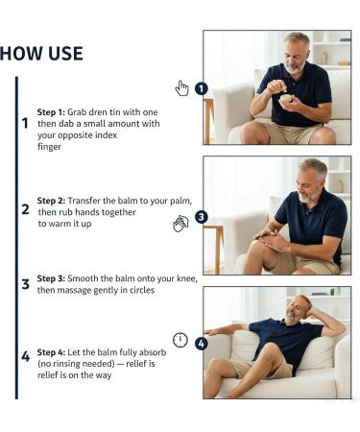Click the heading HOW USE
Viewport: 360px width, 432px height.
(41, 54)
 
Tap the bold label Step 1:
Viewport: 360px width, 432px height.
(51, 112)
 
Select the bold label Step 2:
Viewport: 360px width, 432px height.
(51, 201)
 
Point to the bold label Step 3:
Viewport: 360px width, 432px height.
(51, 278)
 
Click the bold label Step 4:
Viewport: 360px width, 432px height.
(51, 352)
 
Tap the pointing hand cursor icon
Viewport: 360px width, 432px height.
(181, 88)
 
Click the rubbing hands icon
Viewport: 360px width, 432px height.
(180, 224)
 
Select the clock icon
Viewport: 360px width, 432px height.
(180, 340)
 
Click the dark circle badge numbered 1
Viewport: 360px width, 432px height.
(201, 88)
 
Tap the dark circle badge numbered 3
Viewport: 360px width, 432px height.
(201, 217)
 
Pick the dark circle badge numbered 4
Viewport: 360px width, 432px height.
(201, 344)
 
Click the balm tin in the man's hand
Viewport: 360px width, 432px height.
(286, 98)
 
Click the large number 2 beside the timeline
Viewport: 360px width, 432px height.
(25, 209)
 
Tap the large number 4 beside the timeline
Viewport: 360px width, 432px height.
(25, 356)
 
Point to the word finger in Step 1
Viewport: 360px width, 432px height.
(49, 147)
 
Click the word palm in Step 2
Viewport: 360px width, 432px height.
(182, 202)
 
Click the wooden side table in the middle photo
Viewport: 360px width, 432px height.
(214, 248)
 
